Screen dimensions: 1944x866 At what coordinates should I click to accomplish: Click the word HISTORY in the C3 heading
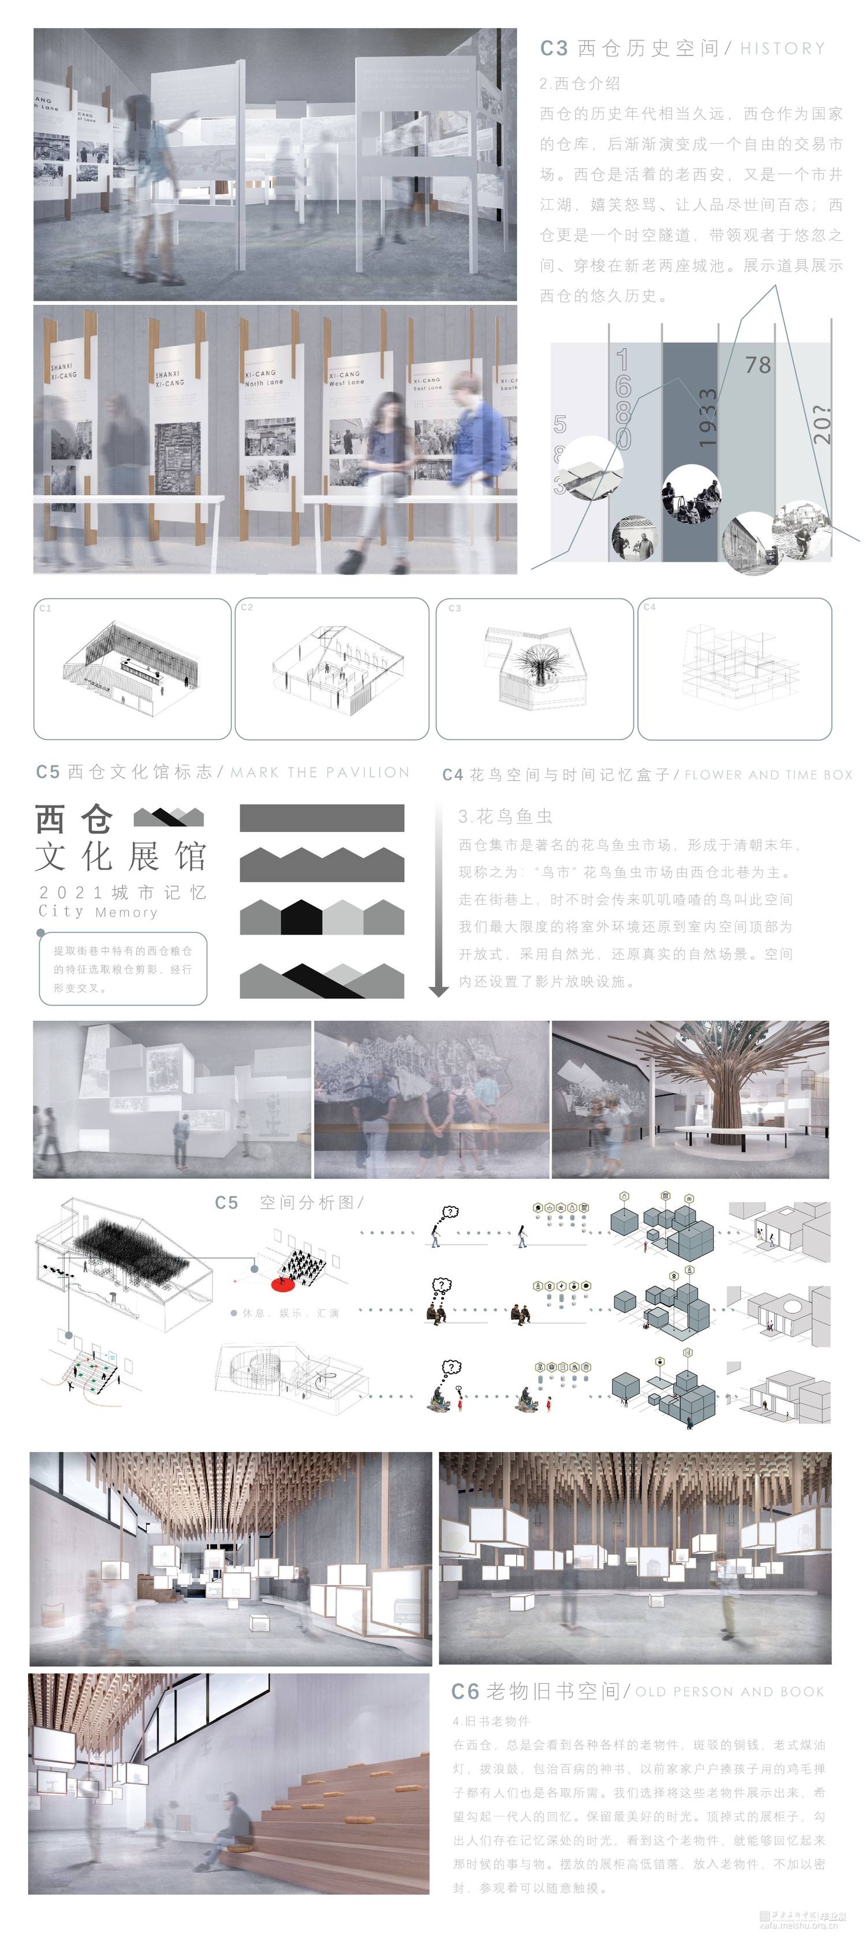[782, 49]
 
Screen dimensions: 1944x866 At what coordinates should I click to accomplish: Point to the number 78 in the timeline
[757, 365]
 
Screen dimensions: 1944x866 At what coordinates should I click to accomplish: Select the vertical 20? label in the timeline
[822, 425]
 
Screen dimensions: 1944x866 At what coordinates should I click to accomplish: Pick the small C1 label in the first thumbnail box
[45, 608]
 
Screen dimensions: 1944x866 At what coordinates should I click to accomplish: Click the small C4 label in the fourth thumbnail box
[649, 607]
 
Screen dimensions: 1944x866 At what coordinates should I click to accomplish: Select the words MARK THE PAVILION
[320, 773]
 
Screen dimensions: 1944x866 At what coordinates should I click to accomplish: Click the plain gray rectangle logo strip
[322, 818]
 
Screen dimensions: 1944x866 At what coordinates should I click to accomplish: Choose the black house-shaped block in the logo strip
[301, 917]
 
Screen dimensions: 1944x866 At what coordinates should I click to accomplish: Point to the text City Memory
[98, 912]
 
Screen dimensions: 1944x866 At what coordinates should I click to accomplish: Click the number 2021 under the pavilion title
[70, 893]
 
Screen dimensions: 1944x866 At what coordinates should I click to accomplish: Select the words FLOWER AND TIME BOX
[768, 775]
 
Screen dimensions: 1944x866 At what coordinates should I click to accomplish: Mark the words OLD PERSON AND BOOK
[730, 1692]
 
